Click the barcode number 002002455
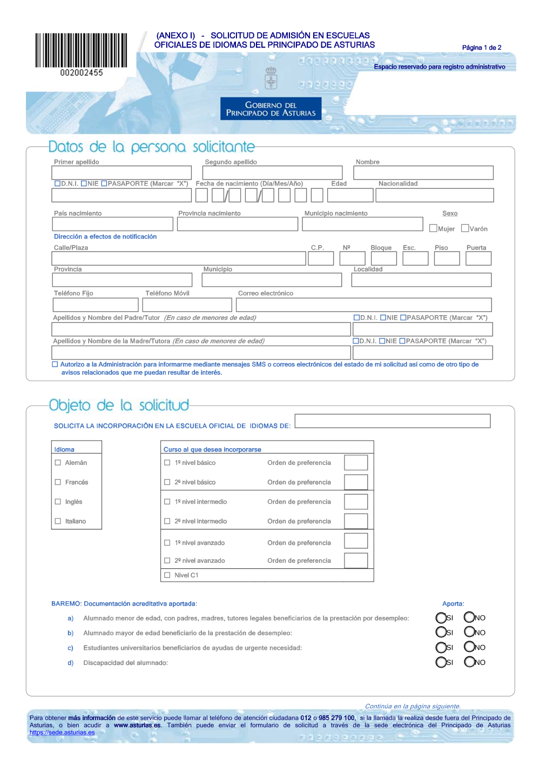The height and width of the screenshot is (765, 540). click(x=82, y=72)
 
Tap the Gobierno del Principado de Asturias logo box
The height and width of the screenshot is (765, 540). click(x=271, y=109)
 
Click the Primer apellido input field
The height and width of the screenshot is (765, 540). click(x=122, y=172)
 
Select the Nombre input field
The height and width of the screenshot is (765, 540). click(x=423, y=172)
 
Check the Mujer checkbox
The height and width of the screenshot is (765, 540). click(x=433, y=228)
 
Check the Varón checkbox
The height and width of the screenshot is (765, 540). click(x=465, y=228)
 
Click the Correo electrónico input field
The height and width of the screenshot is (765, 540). click(x=363, y=305)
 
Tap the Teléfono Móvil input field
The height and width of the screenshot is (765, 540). click(x=187, y=305)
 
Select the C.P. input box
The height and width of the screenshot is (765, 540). click(x=321, y=258)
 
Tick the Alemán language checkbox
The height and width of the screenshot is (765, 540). click(x=58, y=463)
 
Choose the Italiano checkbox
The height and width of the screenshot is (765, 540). click(x=58, y=521)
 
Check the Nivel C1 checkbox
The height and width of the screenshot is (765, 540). click(x=167, y=575)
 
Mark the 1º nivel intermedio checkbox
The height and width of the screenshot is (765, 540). click(x=167, y=502)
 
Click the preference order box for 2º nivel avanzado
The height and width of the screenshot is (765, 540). click(x=356, y=561)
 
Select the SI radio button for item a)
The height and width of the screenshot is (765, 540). click(x=441, y=617)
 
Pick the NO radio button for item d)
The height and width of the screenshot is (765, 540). click(x=469, y=662)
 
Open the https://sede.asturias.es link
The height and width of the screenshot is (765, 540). click(x=62, y=733)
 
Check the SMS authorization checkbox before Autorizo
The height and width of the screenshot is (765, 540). click(x=55, y=364)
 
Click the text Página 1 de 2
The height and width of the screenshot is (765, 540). click(x=482, y=48)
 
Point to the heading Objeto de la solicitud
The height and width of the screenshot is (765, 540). click(x=119, y=405)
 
